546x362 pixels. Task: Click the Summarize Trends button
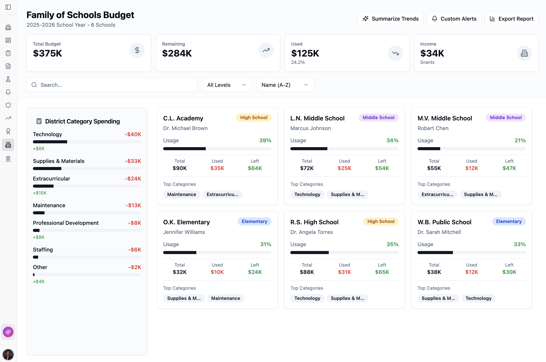(390, 19)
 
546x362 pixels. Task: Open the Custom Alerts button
(454, 19)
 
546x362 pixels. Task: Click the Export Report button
(511, 19)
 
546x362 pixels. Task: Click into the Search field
(112, 85)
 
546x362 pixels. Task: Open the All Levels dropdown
(227, 85)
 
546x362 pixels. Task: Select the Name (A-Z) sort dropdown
(285, 85)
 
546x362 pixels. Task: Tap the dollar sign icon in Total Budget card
(137, 50)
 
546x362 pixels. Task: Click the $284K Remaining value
(177, 53)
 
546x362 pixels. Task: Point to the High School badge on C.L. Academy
(253, 118)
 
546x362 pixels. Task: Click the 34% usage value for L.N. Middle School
(392, 141)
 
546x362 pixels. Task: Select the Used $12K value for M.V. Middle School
(471, 168)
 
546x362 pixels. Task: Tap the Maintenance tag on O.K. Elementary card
(225, 298)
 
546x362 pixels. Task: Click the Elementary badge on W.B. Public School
(509, 221)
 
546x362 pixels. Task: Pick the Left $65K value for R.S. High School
(382, 272)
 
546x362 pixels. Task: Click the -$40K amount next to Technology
(133, 134)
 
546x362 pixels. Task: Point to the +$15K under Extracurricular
(40, 193)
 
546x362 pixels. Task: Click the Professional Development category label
(66, 223)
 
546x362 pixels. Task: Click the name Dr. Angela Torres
(311, 232)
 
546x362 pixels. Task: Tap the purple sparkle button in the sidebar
(8, 332)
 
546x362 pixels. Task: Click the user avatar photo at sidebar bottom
(8, 354)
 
